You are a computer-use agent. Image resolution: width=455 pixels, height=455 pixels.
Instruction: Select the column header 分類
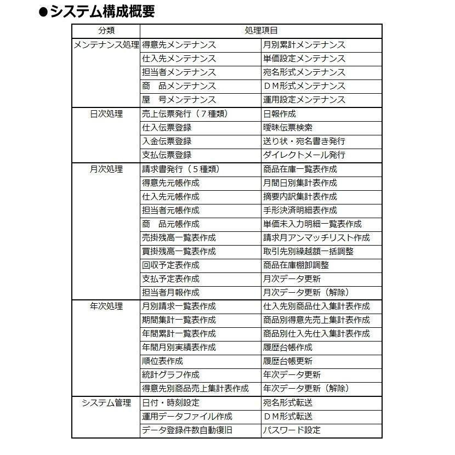pos(106,31)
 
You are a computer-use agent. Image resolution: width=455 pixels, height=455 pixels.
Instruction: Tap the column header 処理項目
pos(260,31)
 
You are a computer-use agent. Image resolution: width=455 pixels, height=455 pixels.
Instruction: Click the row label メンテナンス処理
pos(106,45)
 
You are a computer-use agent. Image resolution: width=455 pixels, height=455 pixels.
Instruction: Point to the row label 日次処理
pos(106,114)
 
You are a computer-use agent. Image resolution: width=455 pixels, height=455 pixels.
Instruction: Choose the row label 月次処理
pos(106,169)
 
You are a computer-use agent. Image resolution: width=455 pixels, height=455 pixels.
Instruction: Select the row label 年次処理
pos(106,306)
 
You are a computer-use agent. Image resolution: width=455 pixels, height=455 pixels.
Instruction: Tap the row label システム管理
pos(106,403)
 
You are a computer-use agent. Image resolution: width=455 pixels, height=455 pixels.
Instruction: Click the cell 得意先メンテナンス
pos(179,45)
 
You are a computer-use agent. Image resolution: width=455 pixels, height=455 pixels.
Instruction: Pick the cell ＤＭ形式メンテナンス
pos(304,86)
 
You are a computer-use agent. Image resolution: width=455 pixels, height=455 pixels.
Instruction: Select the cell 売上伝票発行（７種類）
pos(184,114)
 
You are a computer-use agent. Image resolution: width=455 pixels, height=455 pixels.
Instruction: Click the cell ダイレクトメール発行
pos(304,155)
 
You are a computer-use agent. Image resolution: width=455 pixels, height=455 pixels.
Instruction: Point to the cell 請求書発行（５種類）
pos(184,169)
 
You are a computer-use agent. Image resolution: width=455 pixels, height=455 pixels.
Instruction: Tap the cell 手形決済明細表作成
pos(300,211)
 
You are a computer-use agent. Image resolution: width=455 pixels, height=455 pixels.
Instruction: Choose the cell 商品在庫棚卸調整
pos(296,265)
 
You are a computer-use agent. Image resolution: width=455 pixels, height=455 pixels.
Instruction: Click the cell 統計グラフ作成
pos(170,375)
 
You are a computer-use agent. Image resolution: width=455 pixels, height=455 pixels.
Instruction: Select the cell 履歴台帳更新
pos(288,361)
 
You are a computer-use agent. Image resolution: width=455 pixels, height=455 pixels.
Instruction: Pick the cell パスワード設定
pos(292,430)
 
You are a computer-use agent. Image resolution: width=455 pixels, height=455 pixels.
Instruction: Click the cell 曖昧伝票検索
pos(288,128)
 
